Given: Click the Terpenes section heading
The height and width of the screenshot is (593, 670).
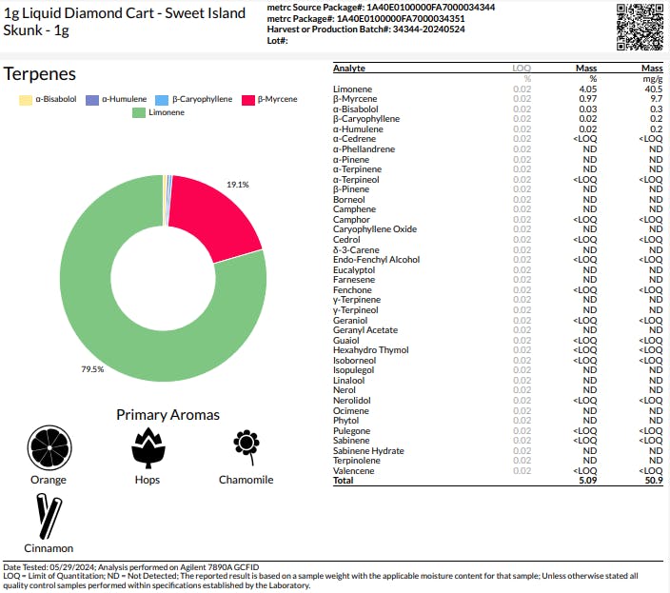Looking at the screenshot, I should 40,74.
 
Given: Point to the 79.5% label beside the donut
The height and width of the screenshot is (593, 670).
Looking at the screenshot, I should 92,369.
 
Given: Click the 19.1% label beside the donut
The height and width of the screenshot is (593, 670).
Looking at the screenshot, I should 238,184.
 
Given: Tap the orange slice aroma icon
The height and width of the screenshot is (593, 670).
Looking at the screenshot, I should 49,447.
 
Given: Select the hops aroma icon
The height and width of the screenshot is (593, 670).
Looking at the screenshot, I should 148,447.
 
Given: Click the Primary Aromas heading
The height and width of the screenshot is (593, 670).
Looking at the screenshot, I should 167,415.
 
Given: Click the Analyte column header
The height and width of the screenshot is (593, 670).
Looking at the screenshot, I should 349,69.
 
